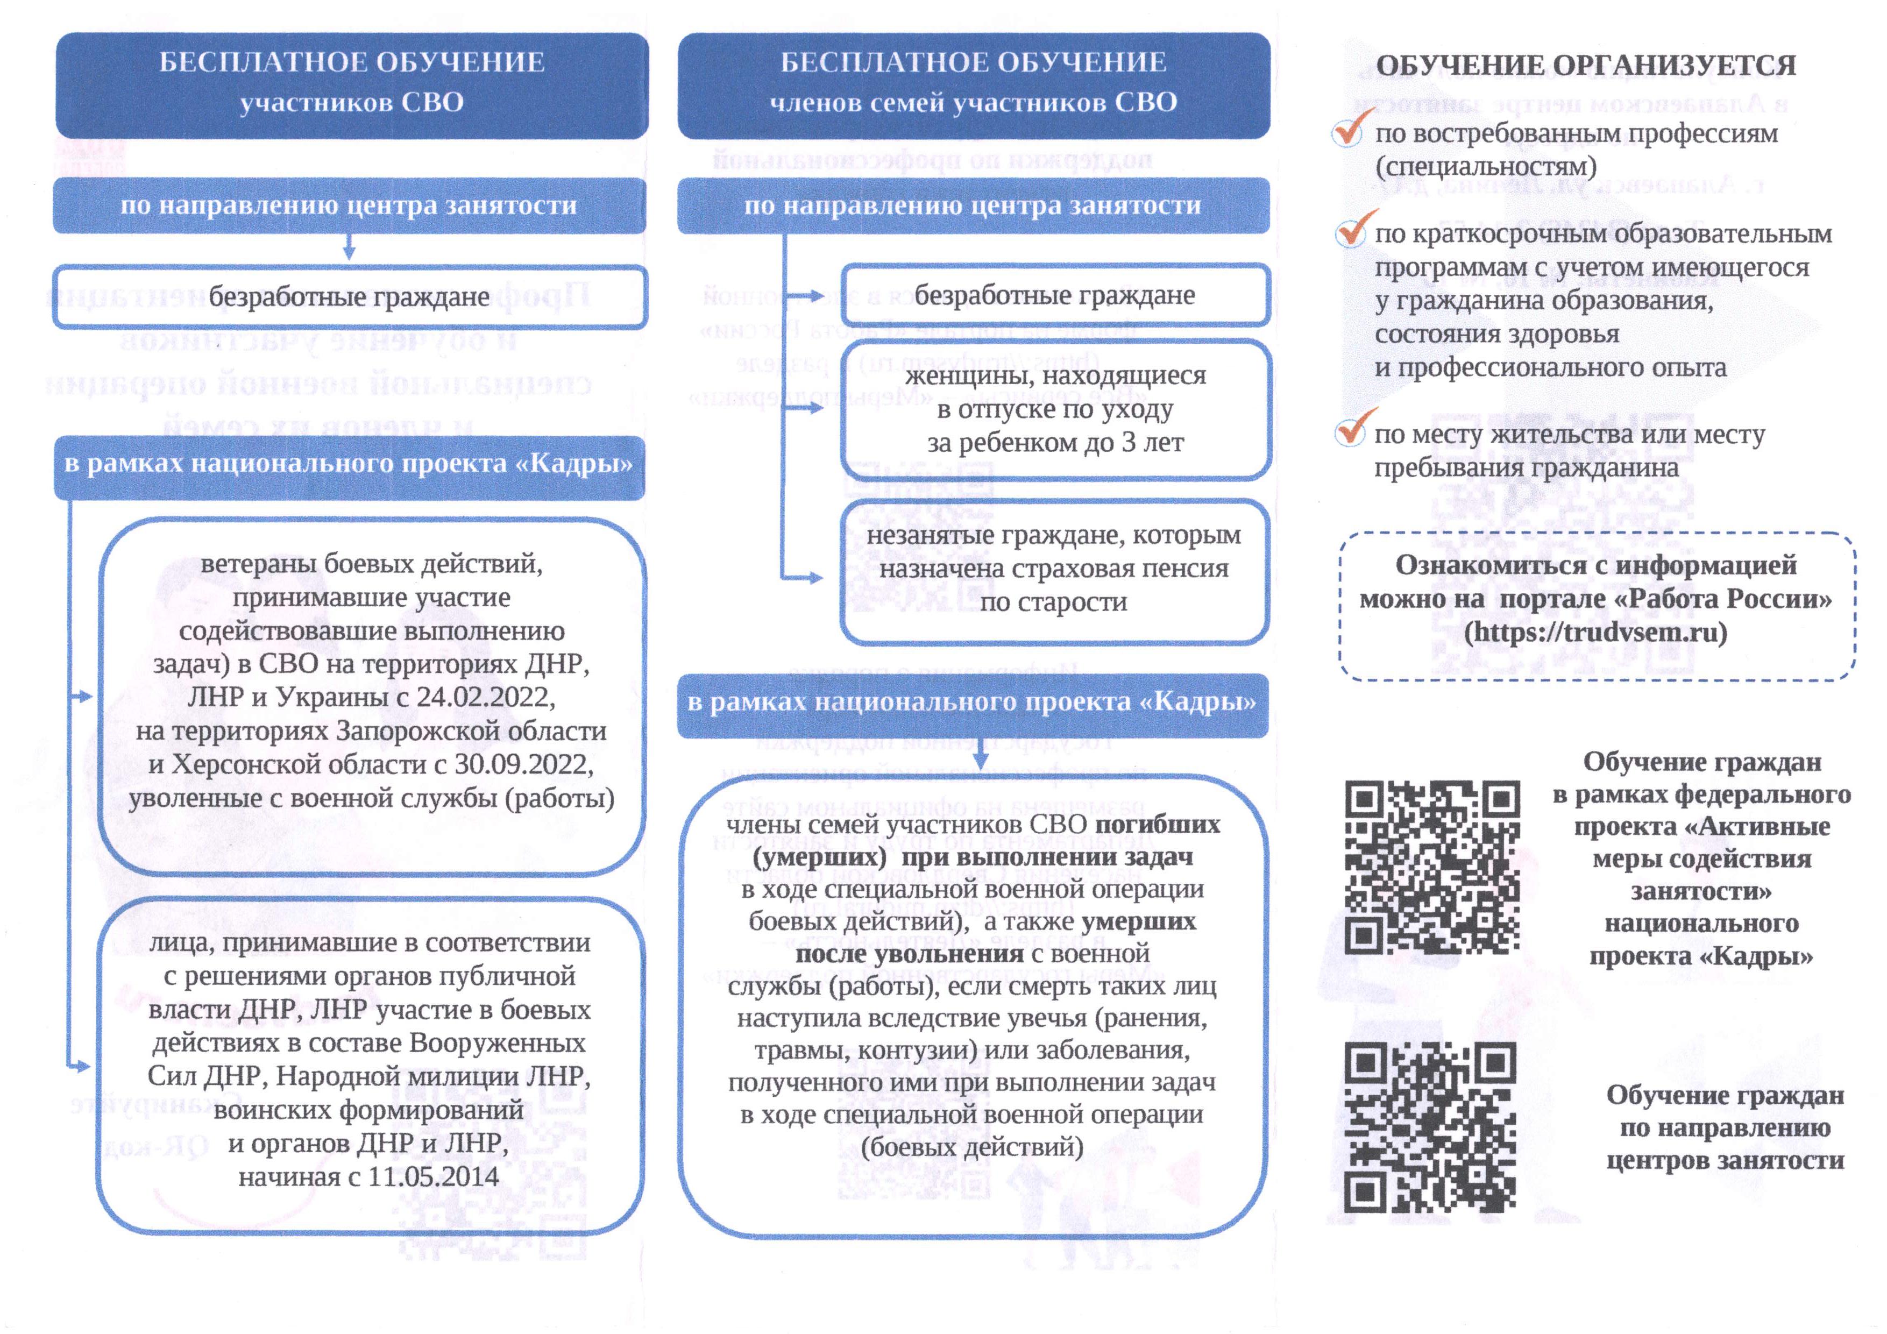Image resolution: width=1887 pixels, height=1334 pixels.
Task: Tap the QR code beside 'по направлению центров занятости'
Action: [1431, 1127]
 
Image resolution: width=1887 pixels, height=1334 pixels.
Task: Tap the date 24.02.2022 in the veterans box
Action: [485, 697]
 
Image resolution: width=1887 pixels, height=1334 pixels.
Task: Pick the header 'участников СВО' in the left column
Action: [352, 103]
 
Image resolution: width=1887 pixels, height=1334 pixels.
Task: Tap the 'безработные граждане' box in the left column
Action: [350, 297]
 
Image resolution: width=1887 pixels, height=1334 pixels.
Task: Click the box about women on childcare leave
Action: [1055, 409]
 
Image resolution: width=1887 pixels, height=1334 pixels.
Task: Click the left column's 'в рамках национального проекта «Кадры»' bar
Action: [349, 464]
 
